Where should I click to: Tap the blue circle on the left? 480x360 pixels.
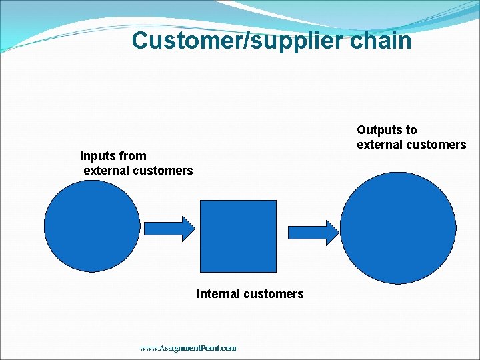93,226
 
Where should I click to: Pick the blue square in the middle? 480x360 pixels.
238,236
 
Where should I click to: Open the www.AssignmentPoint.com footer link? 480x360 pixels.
188,348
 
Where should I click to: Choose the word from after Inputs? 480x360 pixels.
133,156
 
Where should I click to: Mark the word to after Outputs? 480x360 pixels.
410,130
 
